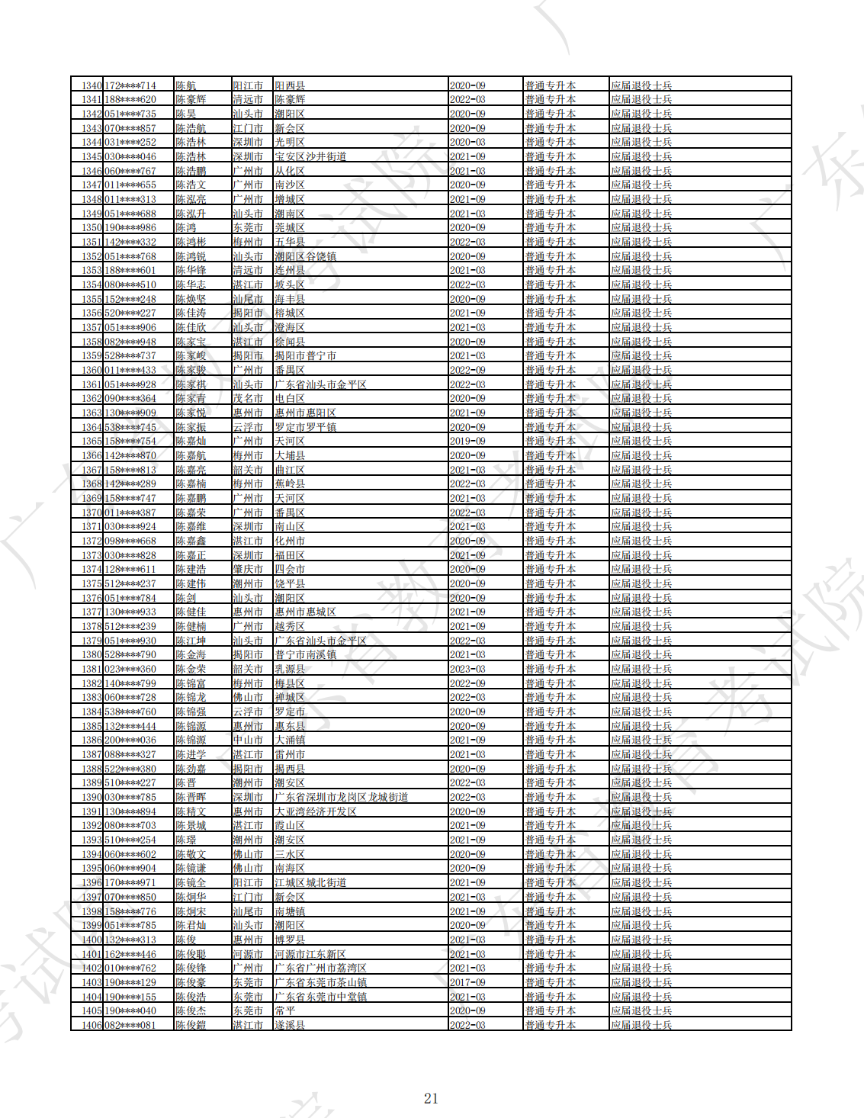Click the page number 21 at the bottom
(x=431, y=1098)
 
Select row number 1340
(x=92, y=85)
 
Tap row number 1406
(x=92, y=1025)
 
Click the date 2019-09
(x=467, y=442)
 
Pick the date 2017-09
(x=467, y=982)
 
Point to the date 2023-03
(x=467, y=669)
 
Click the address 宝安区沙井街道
(x=310, y=156)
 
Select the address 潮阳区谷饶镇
(x=305, y=256)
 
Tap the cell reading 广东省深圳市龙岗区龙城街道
(x=341, y=797)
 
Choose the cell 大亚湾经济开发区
(x=316, y=811)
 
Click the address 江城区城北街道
(x=310, y=882)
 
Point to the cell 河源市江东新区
(x=310, y=954)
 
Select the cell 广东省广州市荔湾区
(x=320, y=968)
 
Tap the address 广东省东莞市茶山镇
(x=320, y=982)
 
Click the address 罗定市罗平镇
(x=305, y=427)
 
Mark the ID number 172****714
(x=130, y=85)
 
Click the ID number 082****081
(x=130, y=1025)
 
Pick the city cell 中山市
(x=248, y=740)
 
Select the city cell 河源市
(x=248, y=954)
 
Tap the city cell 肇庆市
(x=248, y=569)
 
